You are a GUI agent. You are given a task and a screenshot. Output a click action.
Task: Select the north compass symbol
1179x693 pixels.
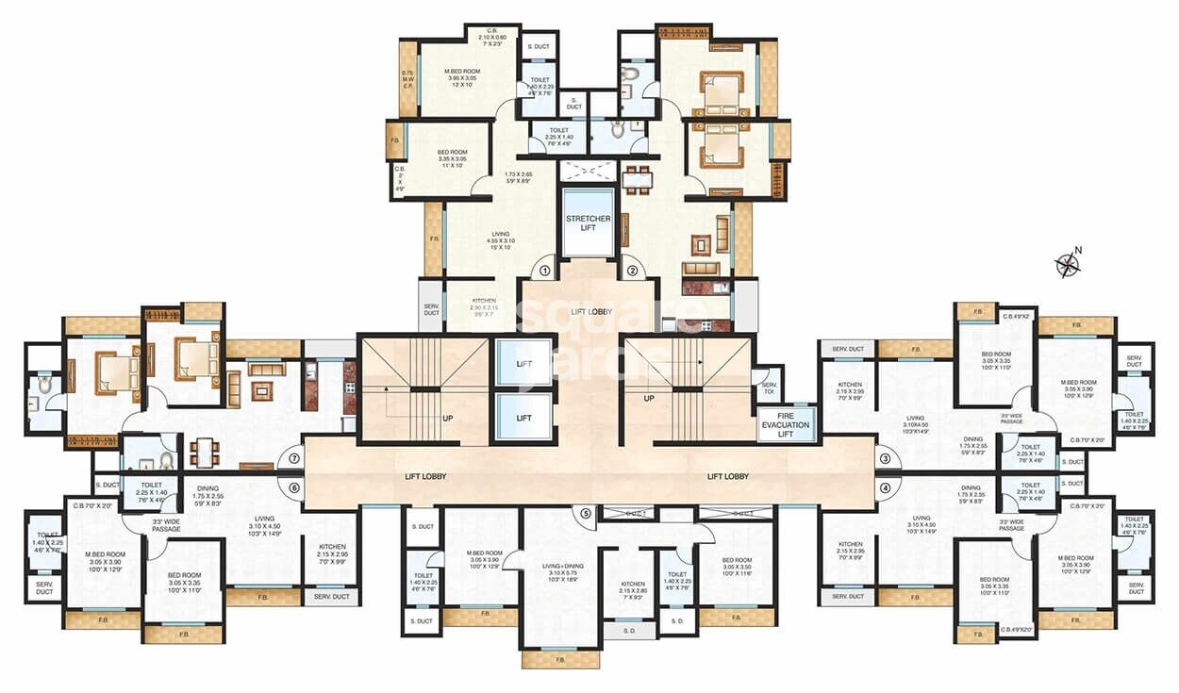click(1068, 264)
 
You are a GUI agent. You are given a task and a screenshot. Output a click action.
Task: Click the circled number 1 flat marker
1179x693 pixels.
click(545, 271)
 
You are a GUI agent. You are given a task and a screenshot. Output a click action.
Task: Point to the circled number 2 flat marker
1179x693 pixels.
click(632, 271)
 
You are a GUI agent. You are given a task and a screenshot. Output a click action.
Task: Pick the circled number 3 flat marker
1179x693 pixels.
click(885, 459)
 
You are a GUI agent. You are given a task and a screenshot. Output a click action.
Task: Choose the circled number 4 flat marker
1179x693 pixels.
click(885, 487)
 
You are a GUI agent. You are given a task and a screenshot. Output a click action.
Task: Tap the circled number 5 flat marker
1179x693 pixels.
click(586, 514)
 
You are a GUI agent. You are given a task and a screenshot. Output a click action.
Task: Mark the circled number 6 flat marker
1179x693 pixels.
click(294, 487)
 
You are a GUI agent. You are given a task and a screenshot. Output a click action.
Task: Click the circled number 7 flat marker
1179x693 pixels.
click(294, 459)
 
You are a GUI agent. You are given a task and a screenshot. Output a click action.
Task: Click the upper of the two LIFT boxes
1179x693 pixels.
click(523, 363)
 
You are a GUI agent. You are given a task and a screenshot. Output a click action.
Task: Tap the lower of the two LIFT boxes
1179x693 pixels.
click(523, 416)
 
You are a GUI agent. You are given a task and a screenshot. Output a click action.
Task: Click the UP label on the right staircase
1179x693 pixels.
click(649, 399)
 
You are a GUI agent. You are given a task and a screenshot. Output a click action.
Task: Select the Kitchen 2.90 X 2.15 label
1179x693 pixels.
click(483, 306)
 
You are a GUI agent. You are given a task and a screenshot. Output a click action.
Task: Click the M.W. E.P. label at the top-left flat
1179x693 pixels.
click(407, 79)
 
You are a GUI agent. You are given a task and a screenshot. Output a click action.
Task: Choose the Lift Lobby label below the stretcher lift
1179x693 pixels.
click(586, 311)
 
